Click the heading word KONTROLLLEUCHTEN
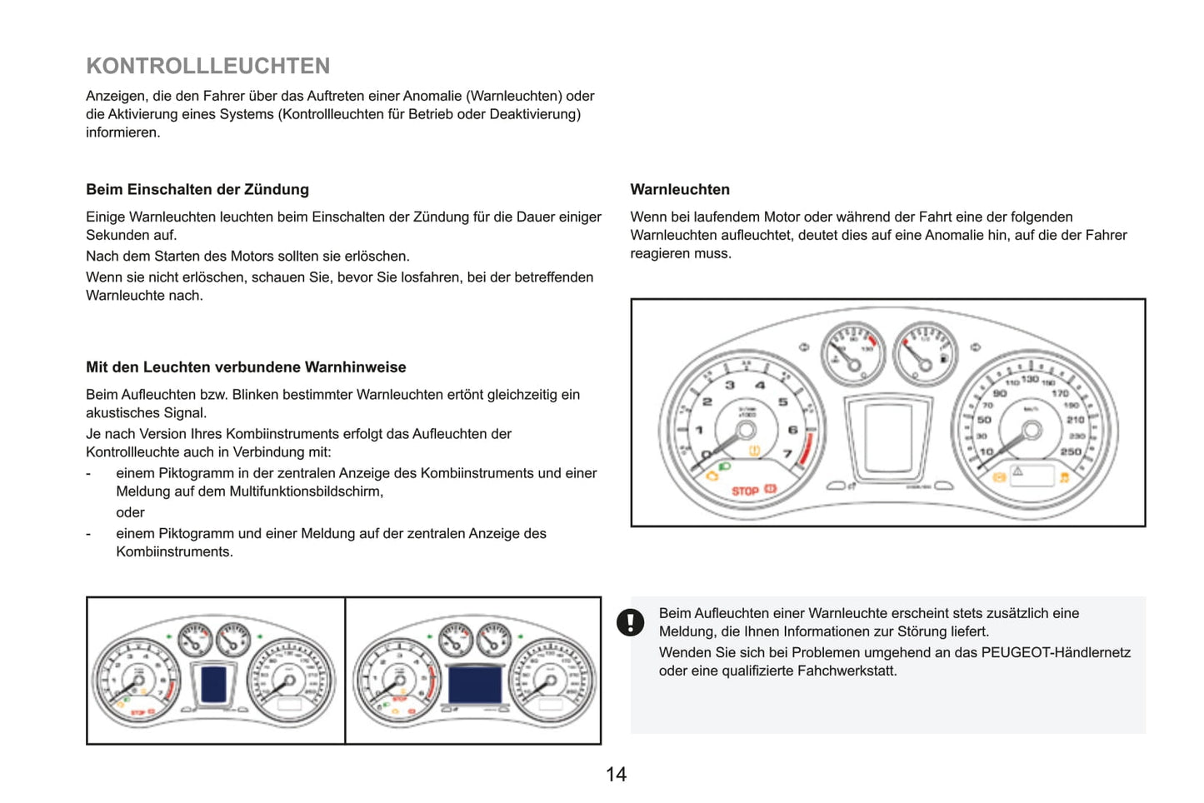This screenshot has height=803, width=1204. click(x=208, y=66)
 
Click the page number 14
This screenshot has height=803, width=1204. click(x=616, y=775)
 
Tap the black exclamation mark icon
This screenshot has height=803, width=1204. click(x=630, y=622)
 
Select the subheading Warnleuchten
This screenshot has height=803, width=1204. click(x=680, y=190)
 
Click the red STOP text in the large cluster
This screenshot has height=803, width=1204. click(x=745, y=491)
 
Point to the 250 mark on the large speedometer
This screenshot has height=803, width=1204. click(x=1071, y=451)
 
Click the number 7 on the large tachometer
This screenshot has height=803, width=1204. click(x=787, y=454)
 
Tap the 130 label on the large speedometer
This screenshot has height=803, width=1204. click(x=1030, y=379)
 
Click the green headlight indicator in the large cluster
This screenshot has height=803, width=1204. click(x=723, y=466)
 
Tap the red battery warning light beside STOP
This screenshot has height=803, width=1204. click(x=771, y=489)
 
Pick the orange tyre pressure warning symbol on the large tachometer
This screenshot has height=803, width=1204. click(x=755, y=451)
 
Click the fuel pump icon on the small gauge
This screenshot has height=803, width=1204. click(x=944, y=358)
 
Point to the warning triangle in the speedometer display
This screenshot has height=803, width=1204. click(x=1017, y=471)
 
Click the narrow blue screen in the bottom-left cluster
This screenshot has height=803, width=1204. click(x=214, y=684)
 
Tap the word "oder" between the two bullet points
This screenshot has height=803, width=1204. click(x=130, y=512)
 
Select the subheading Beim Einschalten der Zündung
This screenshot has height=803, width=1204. click(x=197, y=190)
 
